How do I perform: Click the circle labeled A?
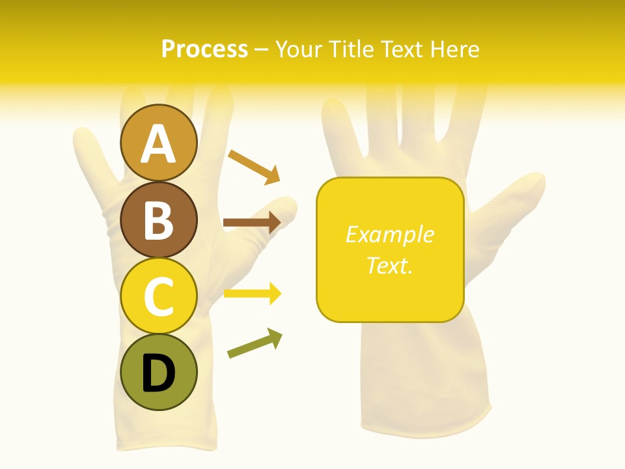[158, 143]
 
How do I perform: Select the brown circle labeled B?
[158, 220]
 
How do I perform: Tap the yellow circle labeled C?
[158, 296]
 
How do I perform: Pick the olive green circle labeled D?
[158, 373]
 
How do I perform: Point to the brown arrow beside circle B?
[251, 223]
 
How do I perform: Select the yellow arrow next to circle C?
[252, 294]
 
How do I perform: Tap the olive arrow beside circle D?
[255, 343]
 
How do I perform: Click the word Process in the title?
[204, 49]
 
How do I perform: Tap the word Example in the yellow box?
[389, 234]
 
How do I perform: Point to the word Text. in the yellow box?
[389, 265]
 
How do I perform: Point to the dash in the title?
[261, 50]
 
